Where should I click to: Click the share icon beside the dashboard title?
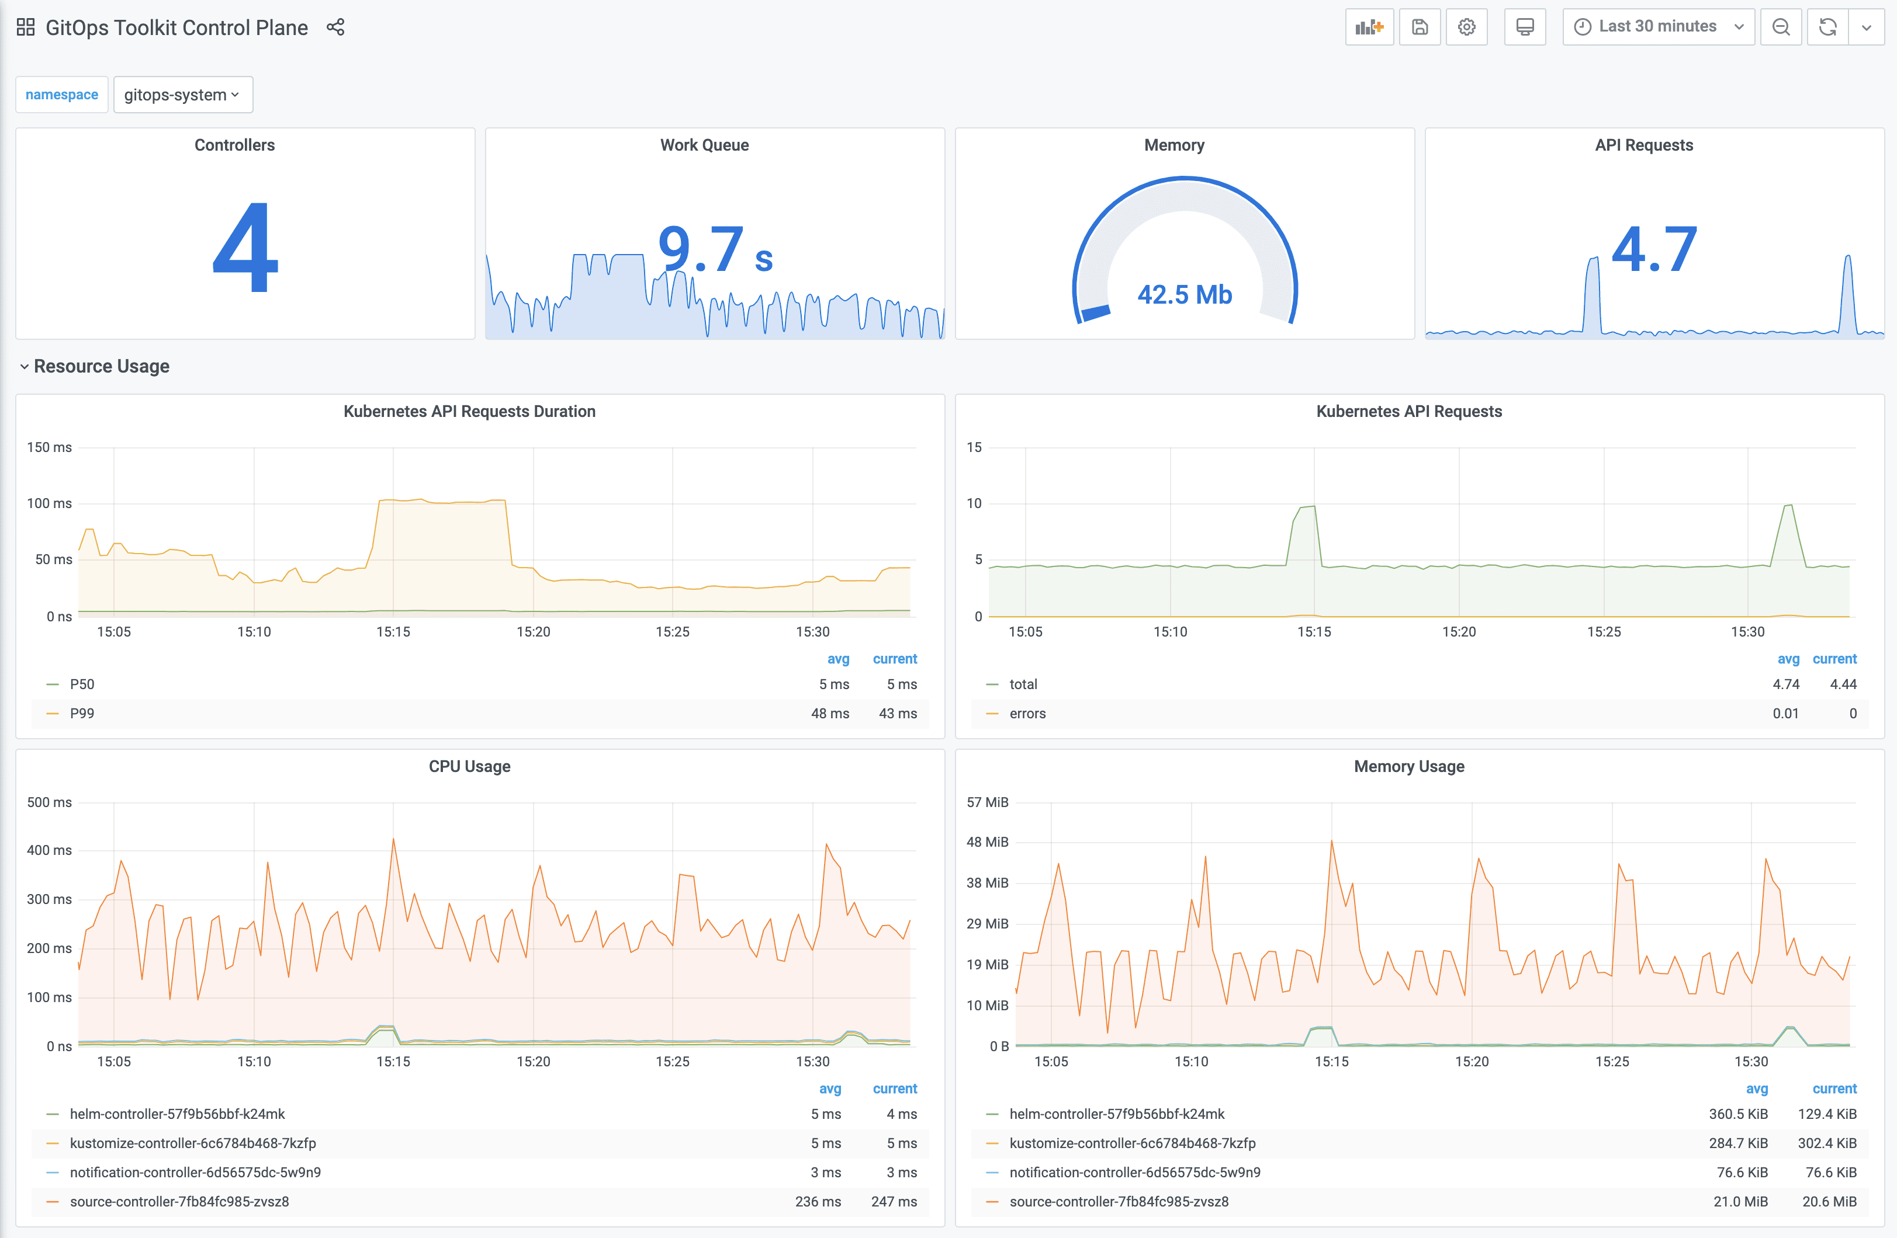pos(335,27)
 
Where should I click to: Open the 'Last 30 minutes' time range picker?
pos(1658,27)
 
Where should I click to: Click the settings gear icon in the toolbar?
pos(1466,27)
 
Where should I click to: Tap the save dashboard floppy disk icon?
pos(1420,27)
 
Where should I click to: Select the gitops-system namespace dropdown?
pos(182,95)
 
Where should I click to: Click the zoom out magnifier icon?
pos(1781,27)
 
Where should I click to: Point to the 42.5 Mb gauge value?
pos(1185,295)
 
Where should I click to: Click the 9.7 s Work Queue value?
pos(715,249)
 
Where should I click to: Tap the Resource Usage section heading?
pos(101,367)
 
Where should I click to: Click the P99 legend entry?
pos(82,714)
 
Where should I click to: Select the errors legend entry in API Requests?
pos(1027,714)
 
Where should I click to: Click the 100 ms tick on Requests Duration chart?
pos(50,503)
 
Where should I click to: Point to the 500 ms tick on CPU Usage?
pos(50,802)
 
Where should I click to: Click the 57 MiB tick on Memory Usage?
pos(988,802)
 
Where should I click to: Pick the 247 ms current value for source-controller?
pos(894,1201)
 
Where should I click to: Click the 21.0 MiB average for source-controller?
pos(1740,1201)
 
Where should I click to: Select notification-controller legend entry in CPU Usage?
pos(195,1173)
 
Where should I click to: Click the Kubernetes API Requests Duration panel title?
pos(469,412)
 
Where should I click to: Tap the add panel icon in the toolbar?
pos(1369,27)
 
